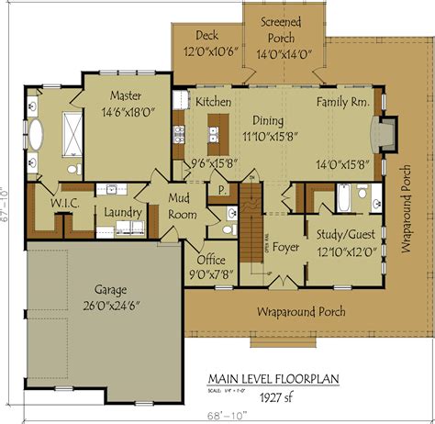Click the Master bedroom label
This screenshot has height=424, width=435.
[x=124, y=95]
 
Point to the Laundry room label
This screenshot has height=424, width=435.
[x=122, y=213]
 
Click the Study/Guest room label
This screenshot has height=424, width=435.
[x=347, y=233]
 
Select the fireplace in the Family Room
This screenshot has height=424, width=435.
[x=386, y=133]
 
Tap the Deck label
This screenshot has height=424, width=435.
[x=206, y=36]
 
